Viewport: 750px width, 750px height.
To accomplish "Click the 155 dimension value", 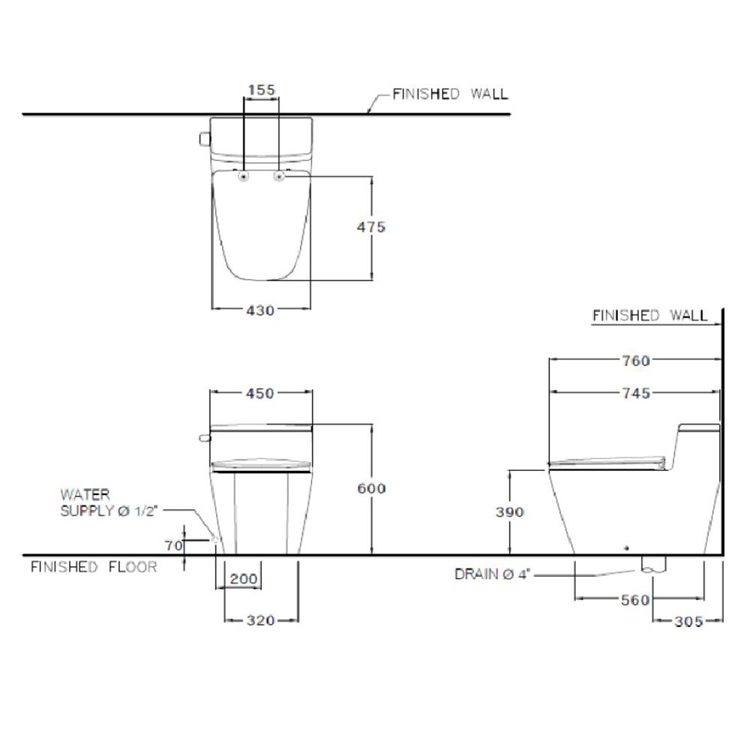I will pyautogui.click(x=261, y=90).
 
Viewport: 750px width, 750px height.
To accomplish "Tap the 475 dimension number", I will pyautogui.click(x=370, y=226).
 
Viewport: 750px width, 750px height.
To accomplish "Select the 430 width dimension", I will pyautogui.click(x=260, y=309).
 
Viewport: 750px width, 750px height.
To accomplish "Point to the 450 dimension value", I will pyautogui.click(x=260, y=393).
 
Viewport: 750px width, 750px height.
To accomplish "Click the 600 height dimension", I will pyautogui.click(x=370, y=488).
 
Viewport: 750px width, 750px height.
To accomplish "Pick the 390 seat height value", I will pyautogui.click(x=510, y=512).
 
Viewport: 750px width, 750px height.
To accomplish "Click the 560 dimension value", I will pyautogui.click(x=634, y=600).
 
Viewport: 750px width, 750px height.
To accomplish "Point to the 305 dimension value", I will pyautogui.click(x=688, y=621).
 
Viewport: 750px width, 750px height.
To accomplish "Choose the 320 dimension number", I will pyautogui.click(x=261, y=620).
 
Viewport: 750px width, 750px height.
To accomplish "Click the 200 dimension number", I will pyautogui.click(x=244, y=579).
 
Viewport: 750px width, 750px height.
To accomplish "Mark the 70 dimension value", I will pyautogui.click(x=174, y=545).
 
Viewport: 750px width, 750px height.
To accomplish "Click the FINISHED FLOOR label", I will pyautogui.click(x=94, y=567).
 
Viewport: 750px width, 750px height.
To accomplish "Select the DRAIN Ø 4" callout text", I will pyautogui.click(x=493, y=574).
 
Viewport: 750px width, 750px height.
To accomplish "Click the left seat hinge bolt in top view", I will pyautogui.click(x=244, y=175).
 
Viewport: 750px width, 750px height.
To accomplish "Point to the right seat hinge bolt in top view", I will pyautogui.click(x=280, y=175).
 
